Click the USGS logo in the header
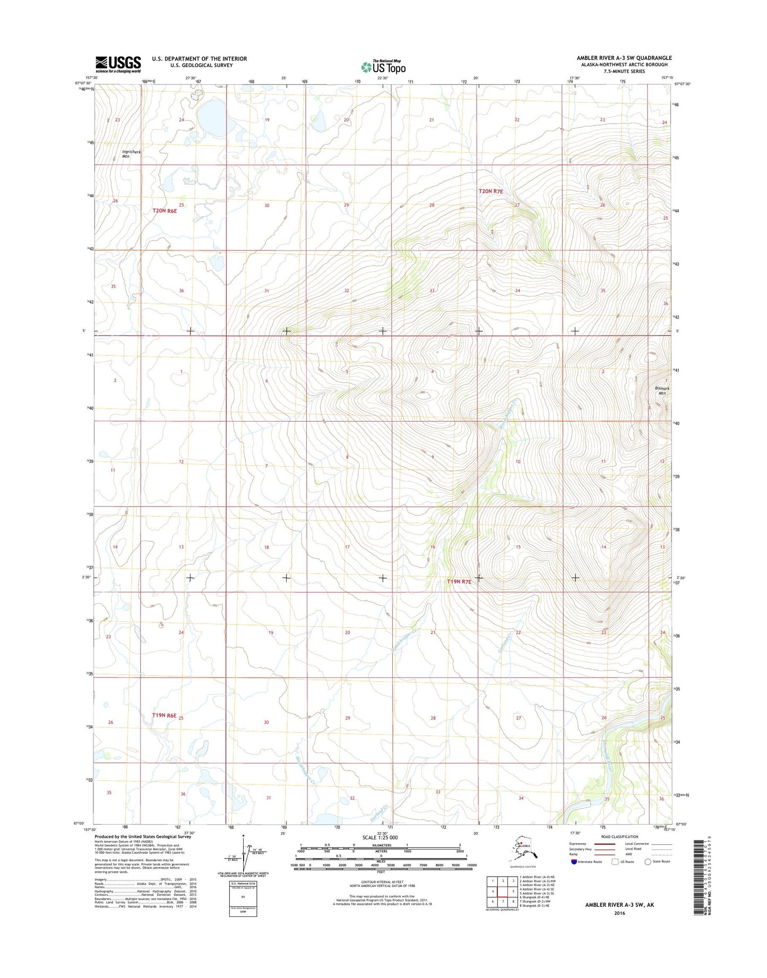point(118,64)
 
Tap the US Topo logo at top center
point(383,66)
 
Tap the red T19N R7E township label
point(459,581)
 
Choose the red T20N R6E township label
point(165,211)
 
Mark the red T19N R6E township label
point(164,715)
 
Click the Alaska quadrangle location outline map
point(522,850)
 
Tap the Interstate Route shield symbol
point(574,862)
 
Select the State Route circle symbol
point(648,862)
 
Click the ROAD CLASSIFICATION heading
point(619,837)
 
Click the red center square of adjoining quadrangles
point(503,891)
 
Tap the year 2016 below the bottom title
point(619,913)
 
